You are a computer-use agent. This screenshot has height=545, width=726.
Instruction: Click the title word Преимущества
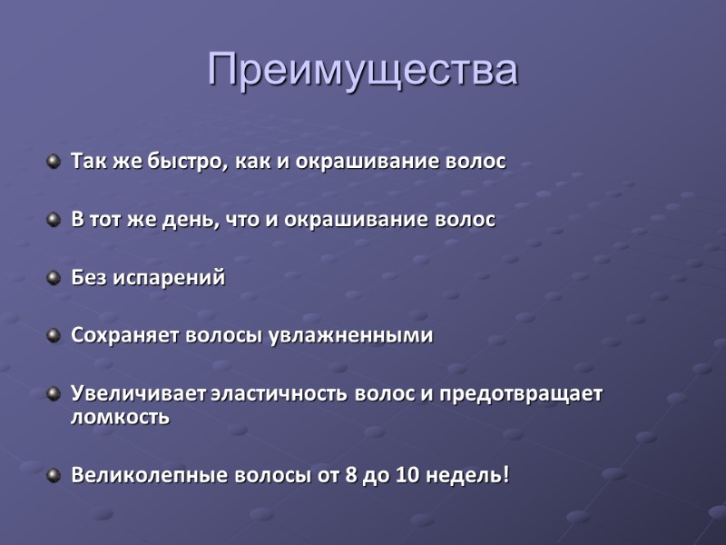(x=363, y=69)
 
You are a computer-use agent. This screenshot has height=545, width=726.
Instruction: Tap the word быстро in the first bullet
(x=182, y=162)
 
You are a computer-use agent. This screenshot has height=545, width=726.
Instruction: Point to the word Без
(x=89, y=278)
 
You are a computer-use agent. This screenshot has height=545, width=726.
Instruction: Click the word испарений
(x=169, y=279)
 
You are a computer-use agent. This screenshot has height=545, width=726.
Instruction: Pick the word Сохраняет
(x=125, y=336)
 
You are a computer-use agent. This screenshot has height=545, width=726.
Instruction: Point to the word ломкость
(x=120, y=417)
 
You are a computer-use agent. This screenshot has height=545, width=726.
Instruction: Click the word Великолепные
(x=143, y=475)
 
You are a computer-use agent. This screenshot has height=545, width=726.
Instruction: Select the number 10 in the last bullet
(x=407, y=475)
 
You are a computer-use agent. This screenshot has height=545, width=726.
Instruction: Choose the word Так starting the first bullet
(x=87, y=162)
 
